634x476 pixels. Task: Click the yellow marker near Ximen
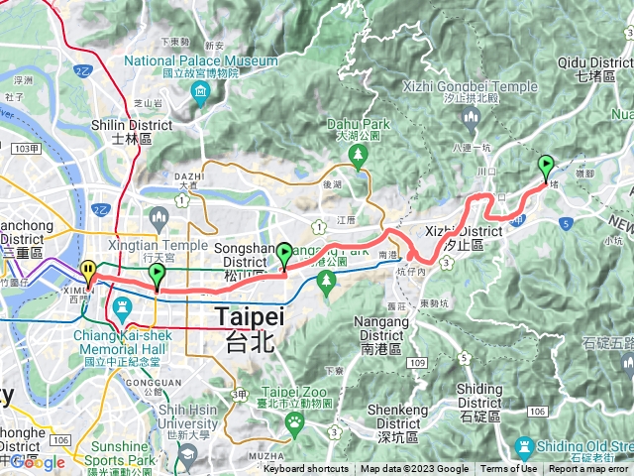tap(89, 271)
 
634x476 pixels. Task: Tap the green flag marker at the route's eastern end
tap(545, 167)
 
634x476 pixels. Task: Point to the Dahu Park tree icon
tap(358, 154)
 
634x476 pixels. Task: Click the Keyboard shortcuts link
tap(305, 469)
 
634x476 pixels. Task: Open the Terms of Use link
tap(508, 469)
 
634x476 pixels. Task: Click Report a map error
tap(590, 469)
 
